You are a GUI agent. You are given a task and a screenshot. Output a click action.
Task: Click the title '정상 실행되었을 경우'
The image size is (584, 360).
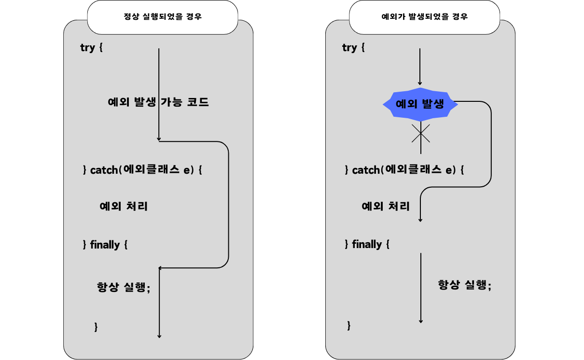click(x=163, y=17)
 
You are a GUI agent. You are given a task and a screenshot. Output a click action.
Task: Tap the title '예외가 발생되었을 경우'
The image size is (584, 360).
click(x=424, y=17)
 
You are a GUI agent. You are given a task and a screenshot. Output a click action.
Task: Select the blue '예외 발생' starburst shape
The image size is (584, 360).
click(x=419, y=104)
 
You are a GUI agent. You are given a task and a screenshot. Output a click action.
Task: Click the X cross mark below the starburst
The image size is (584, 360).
click(x=420, y=133)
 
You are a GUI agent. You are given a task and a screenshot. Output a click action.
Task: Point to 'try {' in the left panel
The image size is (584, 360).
click(x=92, y=48)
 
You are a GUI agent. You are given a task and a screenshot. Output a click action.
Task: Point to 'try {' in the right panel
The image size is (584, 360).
click(x=353, y=47)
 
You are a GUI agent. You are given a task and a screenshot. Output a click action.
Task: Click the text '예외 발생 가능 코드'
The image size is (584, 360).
click(x=158, y=102)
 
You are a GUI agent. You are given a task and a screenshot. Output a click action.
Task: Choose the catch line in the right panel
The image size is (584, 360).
click(x=404, y=170)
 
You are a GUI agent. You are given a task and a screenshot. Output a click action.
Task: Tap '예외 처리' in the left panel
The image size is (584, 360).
click(x=124, y=207)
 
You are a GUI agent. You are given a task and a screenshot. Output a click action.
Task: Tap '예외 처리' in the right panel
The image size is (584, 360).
click(x=386, y=207)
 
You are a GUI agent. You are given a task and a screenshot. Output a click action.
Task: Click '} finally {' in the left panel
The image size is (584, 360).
click(x=105, y=245)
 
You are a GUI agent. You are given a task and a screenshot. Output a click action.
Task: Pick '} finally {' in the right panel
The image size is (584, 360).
click(x=367, y=244)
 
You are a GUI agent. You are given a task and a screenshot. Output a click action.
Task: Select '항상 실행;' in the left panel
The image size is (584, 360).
click(x=124, y=287)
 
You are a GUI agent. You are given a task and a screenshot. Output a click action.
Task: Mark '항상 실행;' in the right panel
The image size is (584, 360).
click(x=464, y=285)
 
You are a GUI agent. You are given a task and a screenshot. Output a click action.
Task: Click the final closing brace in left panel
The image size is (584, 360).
click(x=96, y=327)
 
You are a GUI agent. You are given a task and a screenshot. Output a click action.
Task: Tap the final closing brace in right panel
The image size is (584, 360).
click(x=349, y=326)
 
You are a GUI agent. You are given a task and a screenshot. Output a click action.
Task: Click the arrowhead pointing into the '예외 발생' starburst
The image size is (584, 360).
click(x=420, y=83)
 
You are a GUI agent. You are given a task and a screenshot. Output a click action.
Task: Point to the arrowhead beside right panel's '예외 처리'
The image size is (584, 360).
click(x=420, y=220)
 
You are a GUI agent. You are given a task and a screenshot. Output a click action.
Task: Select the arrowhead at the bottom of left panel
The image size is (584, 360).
click(x=159, y=336)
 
